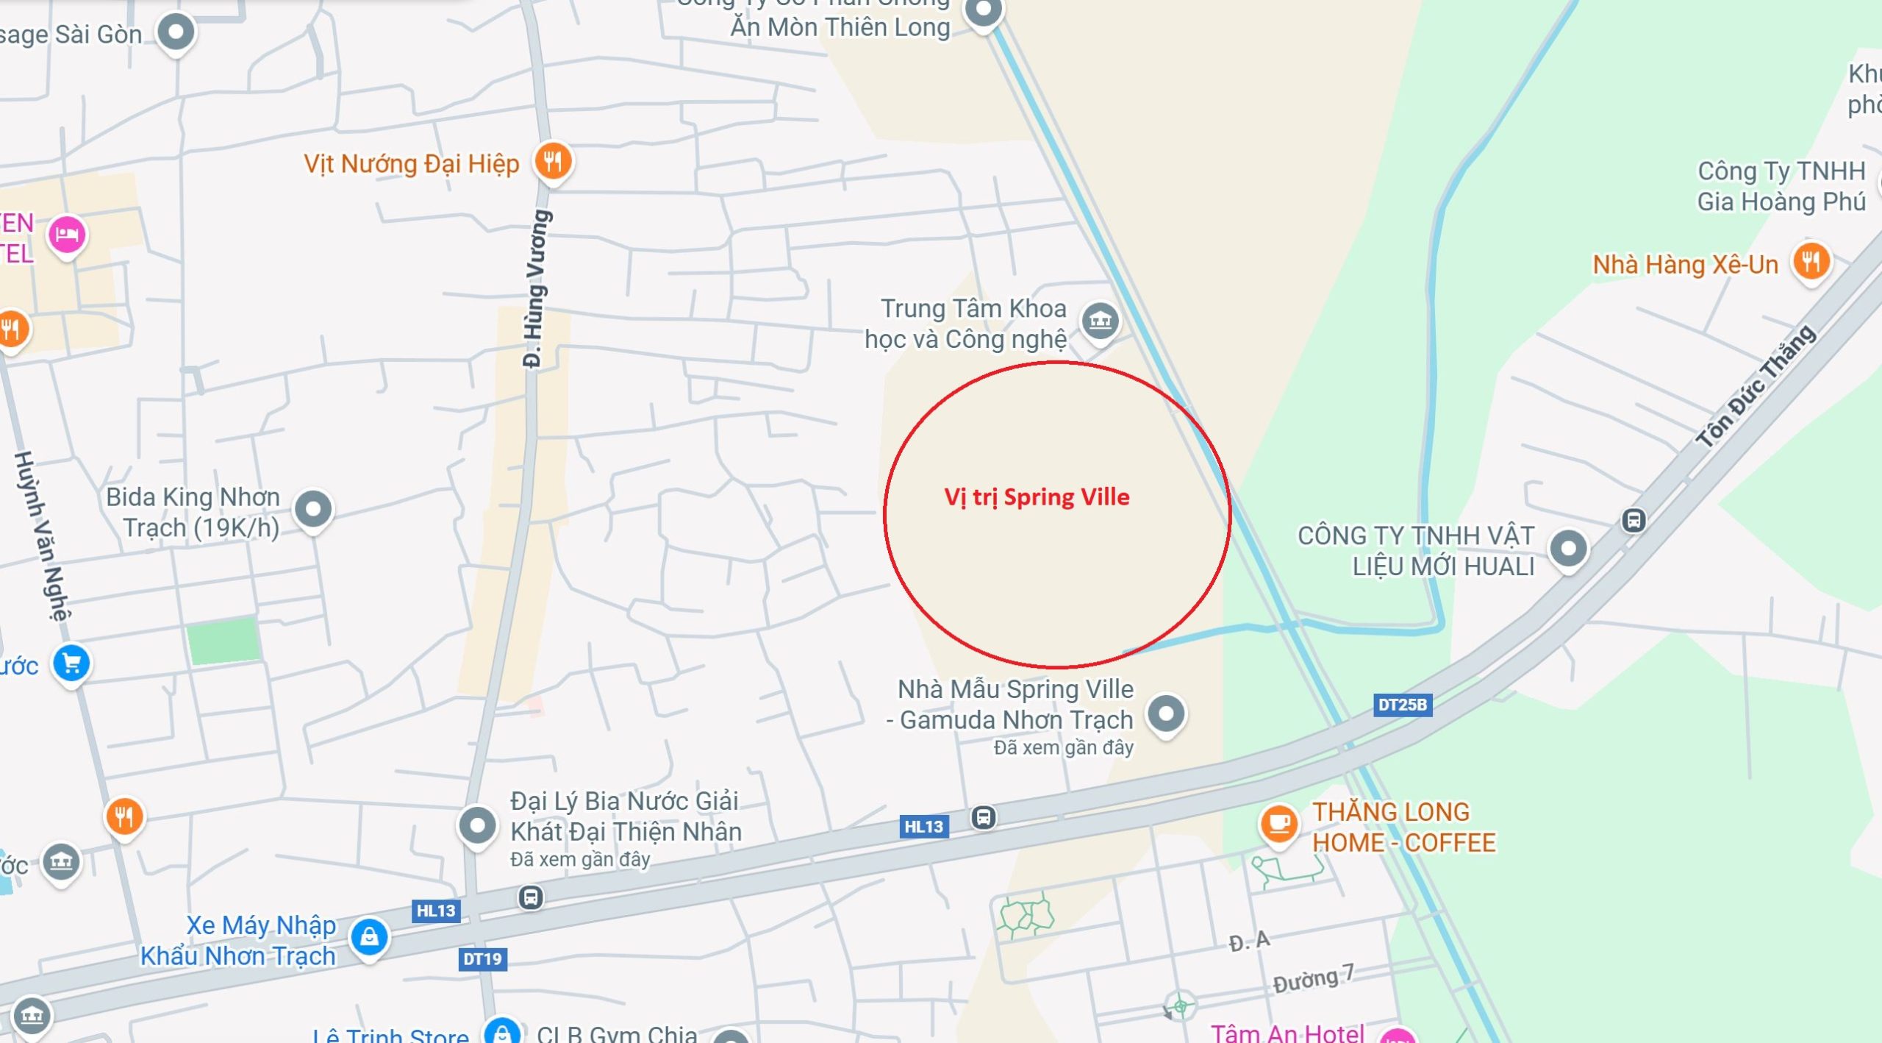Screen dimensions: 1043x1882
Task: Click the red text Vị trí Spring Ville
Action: [x=1037, y=497]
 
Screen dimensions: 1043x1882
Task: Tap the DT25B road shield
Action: [x=1402, y=705]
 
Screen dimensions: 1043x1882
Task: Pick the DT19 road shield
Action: [x=482, y=959]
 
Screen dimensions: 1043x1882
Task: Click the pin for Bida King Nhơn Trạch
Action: [x=314, y=508]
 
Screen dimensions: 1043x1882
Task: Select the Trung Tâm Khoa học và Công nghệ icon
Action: [x=1100, y=321]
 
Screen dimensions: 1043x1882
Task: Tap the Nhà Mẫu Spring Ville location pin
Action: [x=1166, y=713]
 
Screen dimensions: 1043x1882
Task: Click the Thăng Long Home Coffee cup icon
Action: [x=1278, y=822]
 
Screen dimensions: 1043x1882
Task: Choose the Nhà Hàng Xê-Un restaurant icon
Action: [x=1811, y=261]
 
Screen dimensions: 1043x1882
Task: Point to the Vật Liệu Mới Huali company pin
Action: [x=1568, y=548]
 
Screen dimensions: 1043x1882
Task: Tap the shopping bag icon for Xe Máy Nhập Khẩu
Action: [x=369, y=936]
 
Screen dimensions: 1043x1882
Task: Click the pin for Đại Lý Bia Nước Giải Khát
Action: [x=478, y=825]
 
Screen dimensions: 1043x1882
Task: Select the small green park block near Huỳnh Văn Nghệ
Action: [x=223, y=641]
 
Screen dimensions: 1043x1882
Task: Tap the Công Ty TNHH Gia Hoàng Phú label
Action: [x=1781, y=186]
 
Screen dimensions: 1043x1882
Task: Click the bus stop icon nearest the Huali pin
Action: [x=1634, y=521]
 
